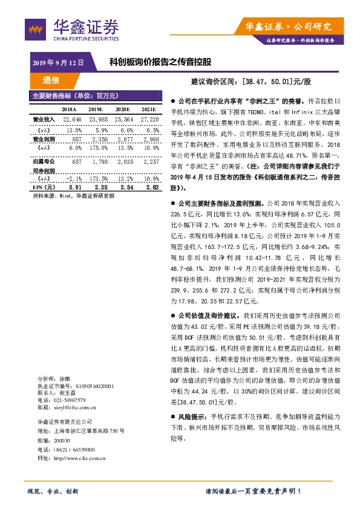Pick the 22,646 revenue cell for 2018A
coord(73,120)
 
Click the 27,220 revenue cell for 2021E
coord(148,120)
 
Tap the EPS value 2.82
coord(152,187)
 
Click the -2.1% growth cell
coord(73,179)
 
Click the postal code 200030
coord(62,441)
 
